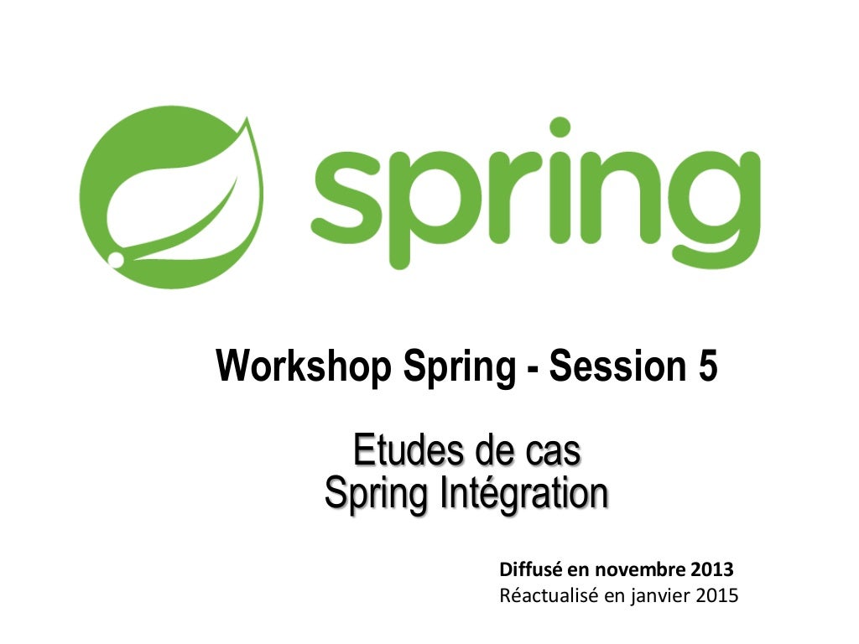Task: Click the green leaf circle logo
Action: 172,197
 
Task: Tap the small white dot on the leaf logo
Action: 116,260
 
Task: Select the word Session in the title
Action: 616,367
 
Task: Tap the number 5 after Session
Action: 707,367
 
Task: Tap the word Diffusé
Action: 532,571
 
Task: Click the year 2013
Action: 712,571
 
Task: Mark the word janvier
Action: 655,598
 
